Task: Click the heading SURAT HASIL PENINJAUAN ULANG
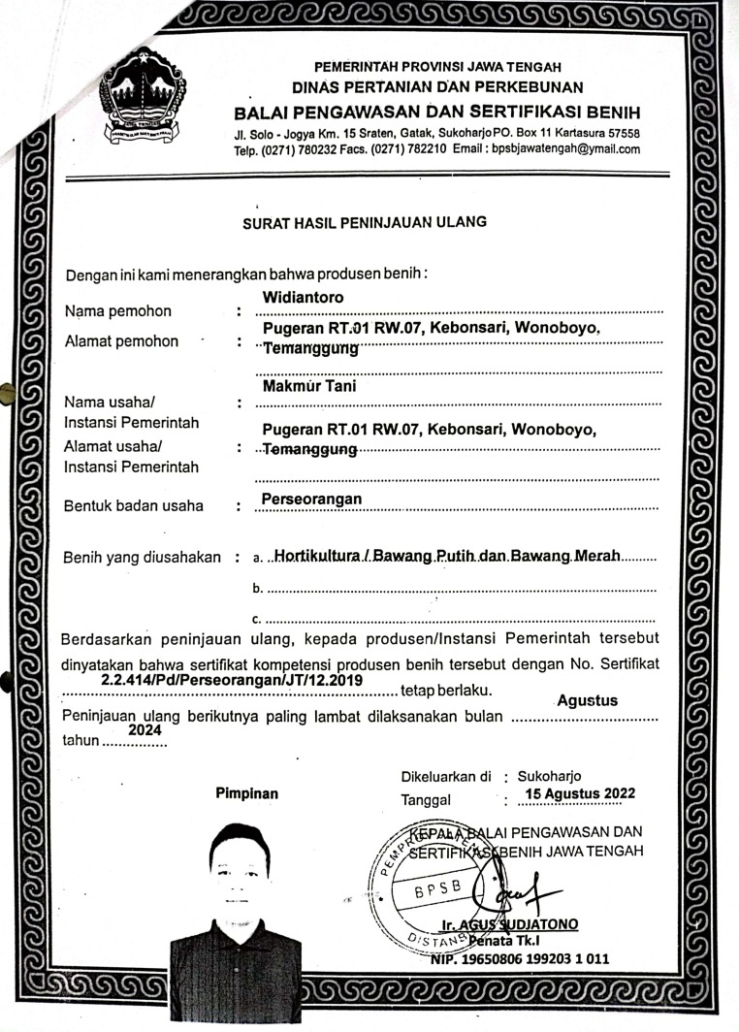tap(364, 221)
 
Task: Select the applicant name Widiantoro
tap(304, 296)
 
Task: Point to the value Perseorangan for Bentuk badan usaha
tap(311, 499)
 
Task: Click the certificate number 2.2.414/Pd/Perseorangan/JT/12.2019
tap(232, 681)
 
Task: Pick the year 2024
tap(145, 729)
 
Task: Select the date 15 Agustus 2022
tap(579, 793)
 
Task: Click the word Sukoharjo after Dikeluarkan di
tap(550, 776)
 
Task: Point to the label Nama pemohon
tap(117, 311)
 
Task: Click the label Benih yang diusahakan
tap(142, 558)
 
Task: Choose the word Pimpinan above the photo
tap(246, 793)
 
